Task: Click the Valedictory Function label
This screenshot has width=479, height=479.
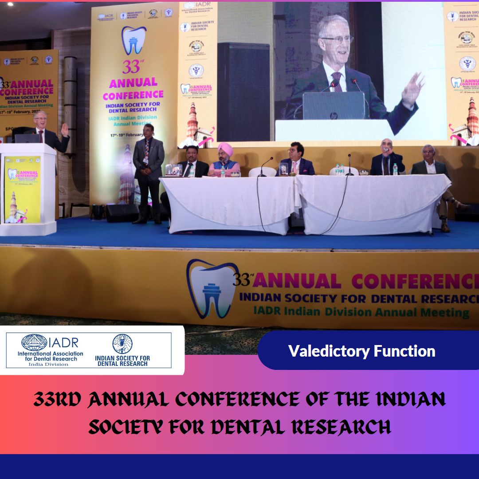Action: tap(361, 351)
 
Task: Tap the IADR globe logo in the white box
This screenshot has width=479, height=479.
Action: tap(34, 342)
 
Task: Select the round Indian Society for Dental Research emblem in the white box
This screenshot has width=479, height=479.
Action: tap(122, 344)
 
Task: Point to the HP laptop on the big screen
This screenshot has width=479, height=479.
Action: tap(334, 106)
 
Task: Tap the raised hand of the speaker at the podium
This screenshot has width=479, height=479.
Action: tap(65, 130)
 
